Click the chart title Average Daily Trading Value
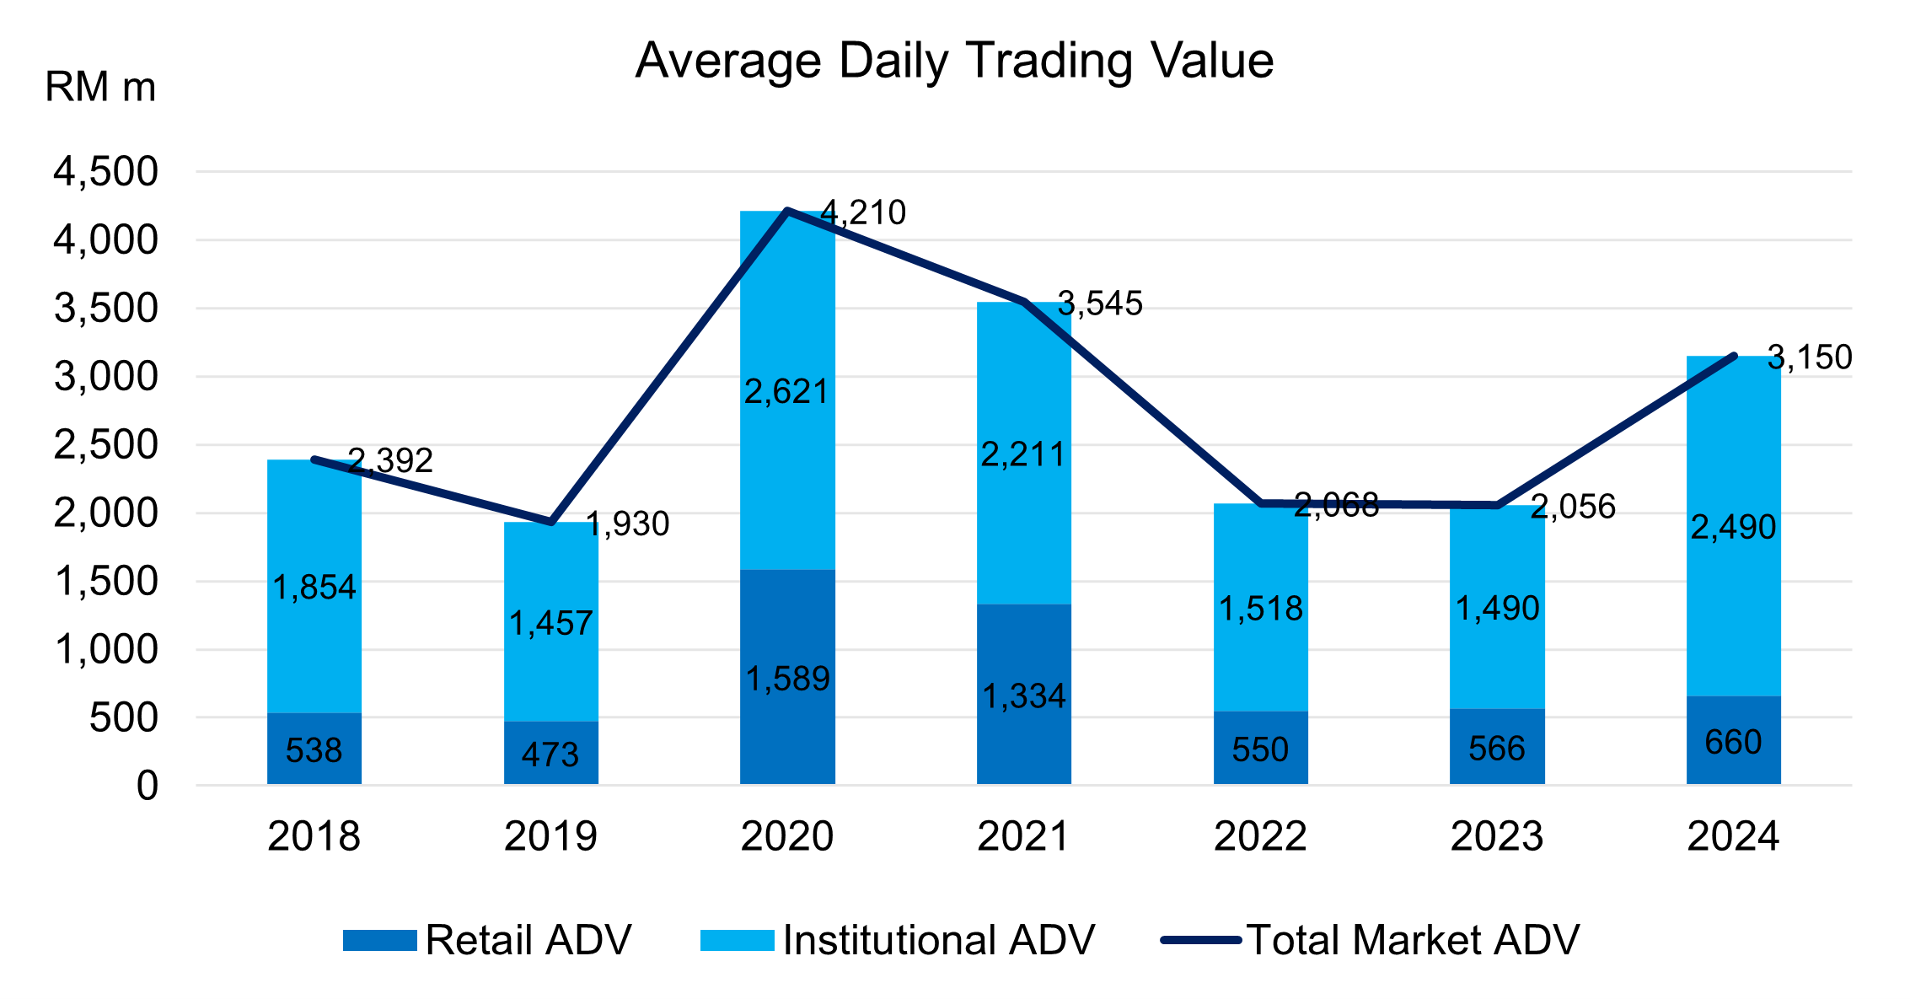pos(954,61)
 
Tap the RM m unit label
pos(100,88)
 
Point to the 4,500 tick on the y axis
pos(106,172)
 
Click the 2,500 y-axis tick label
pos(106,445)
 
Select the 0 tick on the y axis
pos(148,786)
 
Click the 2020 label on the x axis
pos(786,836)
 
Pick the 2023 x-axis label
pos(1496,836)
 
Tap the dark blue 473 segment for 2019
pos(550,754)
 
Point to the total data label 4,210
pos(863,212)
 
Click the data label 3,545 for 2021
pos(1100,303)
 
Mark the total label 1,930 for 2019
pos(628,524)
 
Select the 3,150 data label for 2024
pos(1810,357)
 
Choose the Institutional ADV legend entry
pos(898,940)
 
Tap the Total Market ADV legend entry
pos(1370,940)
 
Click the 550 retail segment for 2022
pos(1260,749)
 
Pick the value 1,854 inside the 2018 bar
pos(314,587)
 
